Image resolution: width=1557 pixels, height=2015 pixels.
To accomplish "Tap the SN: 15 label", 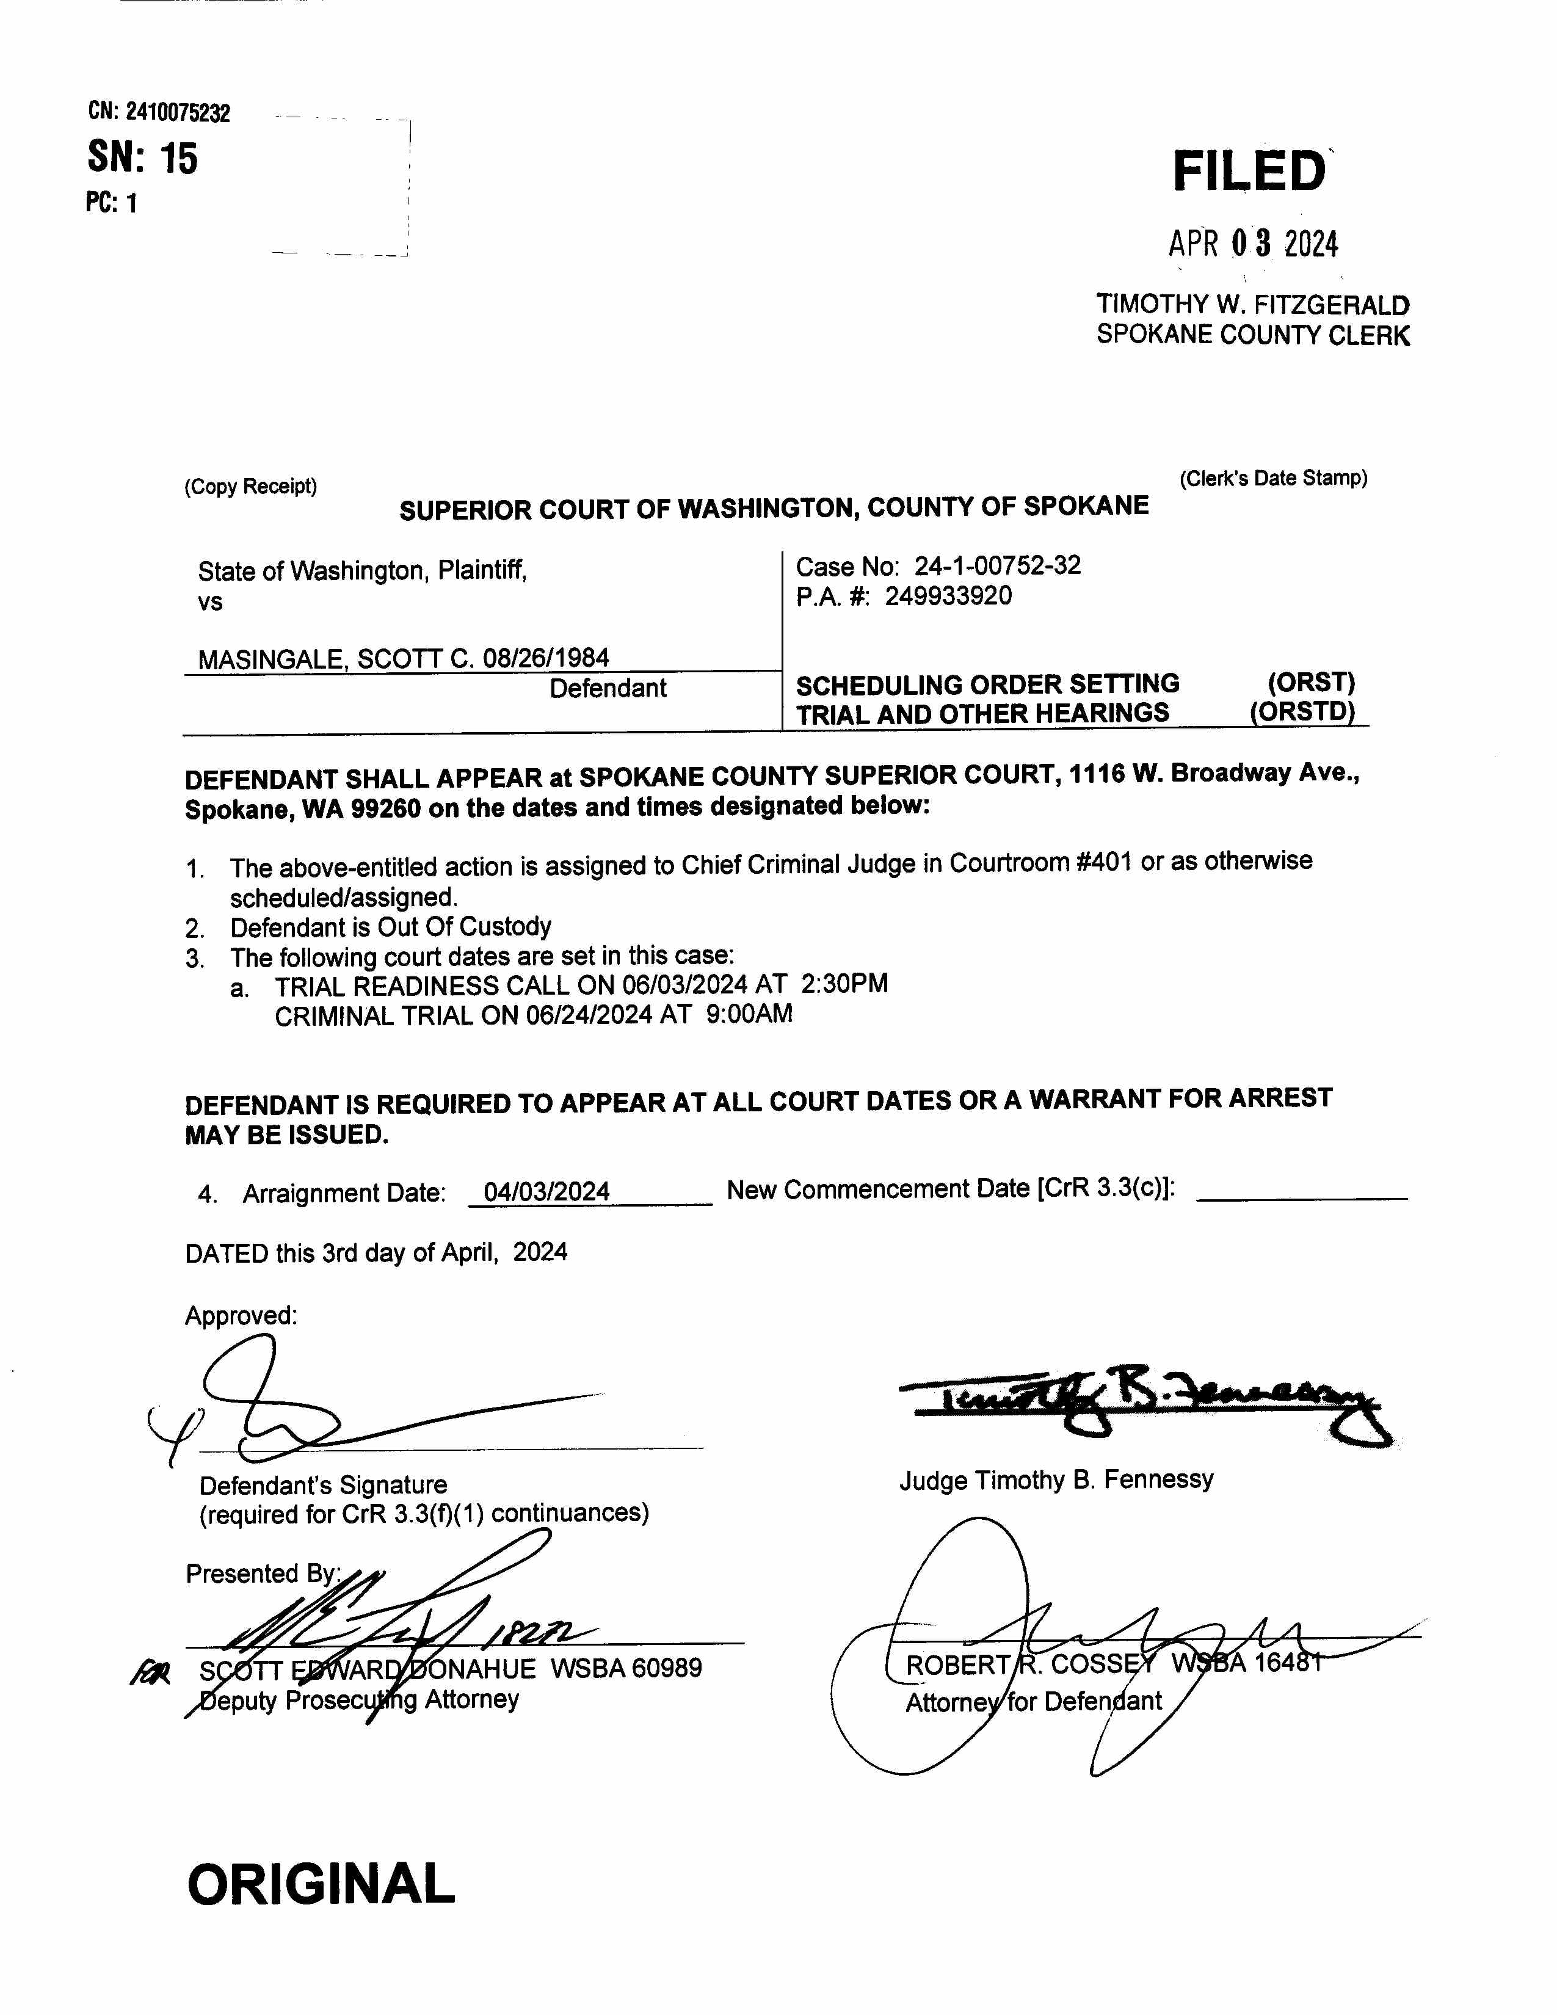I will [143, 158].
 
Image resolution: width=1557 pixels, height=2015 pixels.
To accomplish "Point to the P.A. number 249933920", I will [948, 596].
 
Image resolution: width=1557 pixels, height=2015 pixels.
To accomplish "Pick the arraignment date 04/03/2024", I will [547, 1191].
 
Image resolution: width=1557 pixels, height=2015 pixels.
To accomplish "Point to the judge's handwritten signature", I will [1144, 1403].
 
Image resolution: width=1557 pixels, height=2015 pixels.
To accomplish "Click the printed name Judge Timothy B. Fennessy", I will [1056, 1481].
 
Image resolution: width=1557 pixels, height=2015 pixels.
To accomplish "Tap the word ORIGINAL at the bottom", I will [321, 1883].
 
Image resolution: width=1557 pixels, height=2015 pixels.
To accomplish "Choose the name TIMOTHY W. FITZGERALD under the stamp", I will [1252, 305].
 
